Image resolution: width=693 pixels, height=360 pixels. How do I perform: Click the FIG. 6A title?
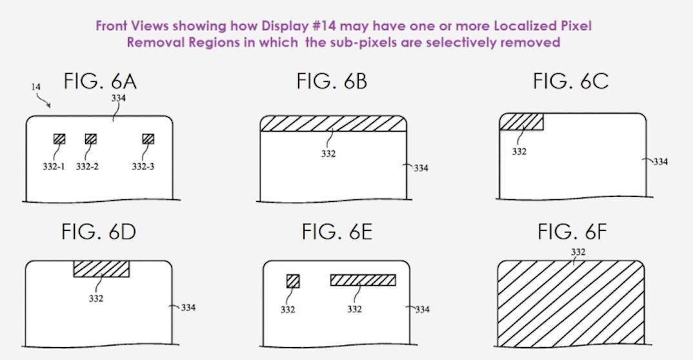pyautogui.click(x=100, y=82)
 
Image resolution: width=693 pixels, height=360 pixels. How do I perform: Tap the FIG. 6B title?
pyautogui.click(x=332, y=82)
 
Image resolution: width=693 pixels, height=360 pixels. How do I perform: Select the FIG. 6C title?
pyautogui.click(x=570, y=81)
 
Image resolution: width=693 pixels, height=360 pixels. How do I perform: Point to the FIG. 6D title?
pyautogui.click(x=99, y=232)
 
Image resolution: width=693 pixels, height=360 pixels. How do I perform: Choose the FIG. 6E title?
pyautogui.click(x=337, y=232)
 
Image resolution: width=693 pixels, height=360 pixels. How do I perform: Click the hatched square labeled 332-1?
pyautogui.click(x=59, y=139)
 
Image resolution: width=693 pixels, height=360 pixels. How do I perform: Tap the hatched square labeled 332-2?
pyautogui.click(x=90, y=139)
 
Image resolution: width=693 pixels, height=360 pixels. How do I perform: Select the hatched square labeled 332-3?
pyautogui.click(x=148, y=139)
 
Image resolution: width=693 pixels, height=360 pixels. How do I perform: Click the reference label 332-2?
pyautogui.click(x=87, y=166)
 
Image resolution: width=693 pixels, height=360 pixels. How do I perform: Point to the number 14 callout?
pyautogui.click(x=35, y=87)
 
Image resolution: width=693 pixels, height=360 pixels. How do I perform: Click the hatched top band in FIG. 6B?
pyautogui.click(x=333, y=124)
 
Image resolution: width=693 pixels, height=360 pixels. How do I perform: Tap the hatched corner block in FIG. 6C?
pyautogui.click(x=521, y=121)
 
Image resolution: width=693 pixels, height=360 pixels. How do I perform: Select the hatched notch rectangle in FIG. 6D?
pyautogui.click(x=102, y=268)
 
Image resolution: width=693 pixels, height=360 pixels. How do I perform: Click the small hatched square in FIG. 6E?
pyautogui.click(x=293, y=281)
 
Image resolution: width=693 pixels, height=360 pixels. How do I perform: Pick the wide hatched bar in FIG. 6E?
pyautogui.click(x=363, y=280)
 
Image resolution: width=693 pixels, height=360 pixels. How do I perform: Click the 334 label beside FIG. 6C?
pyautogui.click(x=660, y=162)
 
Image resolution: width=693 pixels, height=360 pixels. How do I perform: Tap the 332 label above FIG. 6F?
pyautogui.click(x=578, y=252)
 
